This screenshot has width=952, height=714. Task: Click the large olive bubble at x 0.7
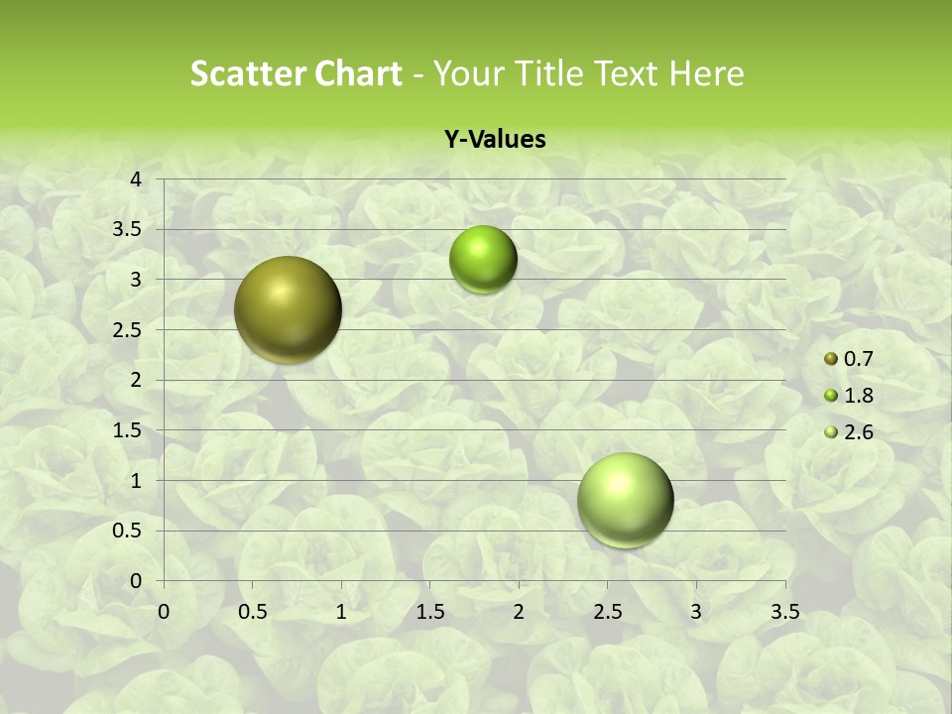[x=288, y=309]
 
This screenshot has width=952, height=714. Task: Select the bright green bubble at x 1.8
[x=483, y=260]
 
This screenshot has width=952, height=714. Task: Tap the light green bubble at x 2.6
[x=625, y=500]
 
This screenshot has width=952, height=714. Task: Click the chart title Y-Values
[x=494, y=140]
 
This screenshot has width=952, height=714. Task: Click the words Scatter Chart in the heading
[x=296, y=73]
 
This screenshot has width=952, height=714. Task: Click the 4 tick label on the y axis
[x=137, y=179]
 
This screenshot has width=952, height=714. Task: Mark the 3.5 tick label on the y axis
[x=128, y=230]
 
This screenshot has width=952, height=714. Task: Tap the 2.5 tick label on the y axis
[x=128, y=330]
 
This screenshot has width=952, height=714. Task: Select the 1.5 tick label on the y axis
[x=128, y=430]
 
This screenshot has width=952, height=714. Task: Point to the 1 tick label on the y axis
[x=137, y=481]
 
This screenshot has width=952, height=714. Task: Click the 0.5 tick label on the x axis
[x=253, y=612]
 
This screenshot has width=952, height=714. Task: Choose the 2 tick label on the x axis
[x=519, y=612]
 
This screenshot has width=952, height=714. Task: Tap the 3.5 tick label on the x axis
[x=784, y=612]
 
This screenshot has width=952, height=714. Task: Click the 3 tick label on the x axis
[x=696, y=612]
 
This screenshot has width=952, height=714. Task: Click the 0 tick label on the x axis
[x=165, y=612]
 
